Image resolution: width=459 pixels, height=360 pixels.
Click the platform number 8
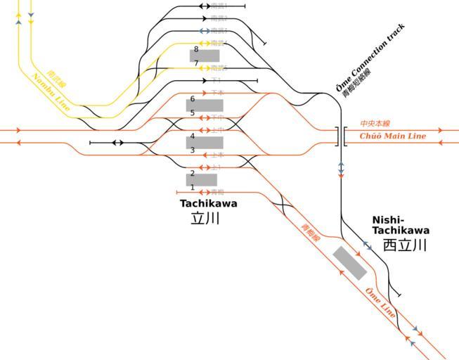pos(196,49)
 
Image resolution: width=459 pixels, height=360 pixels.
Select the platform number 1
pos(192,188)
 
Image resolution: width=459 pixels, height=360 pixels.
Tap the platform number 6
pos(192,99)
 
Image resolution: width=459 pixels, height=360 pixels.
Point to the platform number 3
pos(192,150)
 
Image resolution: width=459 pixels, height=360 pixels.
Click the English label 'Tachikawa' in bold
pos(208,203)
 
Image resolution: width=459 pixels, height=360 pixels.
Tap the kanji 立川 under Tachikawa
pos(205,219)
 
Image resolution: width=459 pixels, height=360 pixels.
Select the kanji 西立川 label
pos(405,245)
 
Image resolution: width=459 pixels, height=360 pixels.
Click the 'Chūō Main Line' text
pos(393,136)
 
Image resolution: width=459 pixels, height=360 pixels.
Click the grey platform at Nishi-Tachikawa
pos(349,263)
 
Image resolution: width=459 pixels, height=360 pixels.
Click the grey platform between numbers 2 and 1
pos(202,180)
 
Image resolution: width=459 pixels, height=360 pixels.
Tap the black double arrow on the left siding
pos(117,143)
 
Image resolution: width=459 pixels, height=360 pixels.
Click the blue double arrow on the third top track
pos(204,31)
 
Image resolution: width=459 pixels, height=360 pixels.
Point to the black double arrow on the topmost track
pos(204,6)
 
